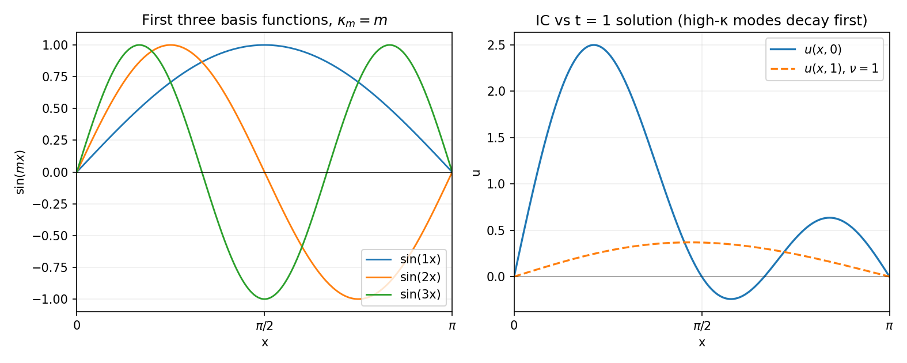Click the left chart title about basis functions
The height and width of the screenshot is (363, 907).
(x=264, y=21)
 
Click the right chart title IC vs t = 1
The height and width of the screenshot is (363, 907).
(x=701, y=21)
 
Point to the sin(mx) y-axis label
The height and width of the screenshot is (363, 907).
(x=20, y=172)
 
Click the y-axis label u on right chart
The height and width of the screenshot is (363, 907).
(x=476, y=172)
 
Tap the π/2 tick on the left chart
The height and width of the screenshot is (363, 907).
(x=264, y=326)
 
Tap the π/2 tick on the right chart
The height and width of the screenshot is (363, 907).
(x=701, y=326)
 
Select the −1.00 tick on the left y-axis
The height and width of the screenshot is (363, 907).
(x=52, y=299)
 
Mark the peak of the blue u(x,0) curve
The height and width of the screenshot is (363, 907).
(x=594, y=45)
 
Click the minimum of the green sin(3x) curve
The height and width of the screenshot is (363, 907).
(x=264, y=299)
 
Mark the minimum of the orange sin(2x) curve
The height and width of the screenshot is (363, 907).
(x=358, y=299)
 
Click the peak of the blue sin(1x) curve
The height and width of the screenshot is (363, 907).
(x=264, y=45)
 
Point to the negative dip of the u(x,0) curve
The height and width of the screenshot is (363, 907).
(x=731, y=299)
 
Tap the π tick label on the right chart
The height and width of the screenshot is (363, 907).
(x=889, y=326)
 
